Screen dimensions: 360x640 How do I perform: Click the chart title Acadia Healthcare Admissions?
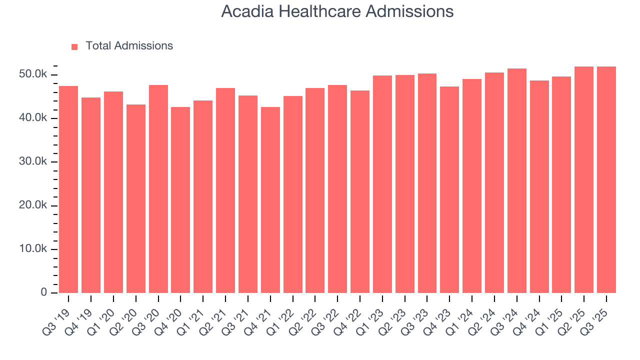(x=337, y=11)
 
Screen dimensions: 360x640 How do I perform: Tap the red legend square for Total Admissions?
(x=74, y=46)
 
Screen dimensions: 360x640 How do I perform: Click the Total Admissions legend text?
(x=129, y=46)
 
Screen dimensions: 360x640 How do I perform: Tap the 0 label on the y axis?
(x=44, y=292)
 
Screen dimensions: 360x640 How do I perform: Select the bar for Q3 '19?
(x=68, y=190)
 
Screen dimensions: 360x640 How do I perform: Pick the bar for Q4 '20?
(x=180, y=200)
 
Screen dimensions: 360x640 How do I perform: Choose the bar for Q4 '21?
(x=270, y=200)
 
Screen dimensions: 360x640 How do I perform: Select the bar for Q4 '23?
(x=449, y=190)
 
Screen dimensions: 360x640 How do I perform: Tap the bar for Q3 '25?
(x=606, y=180)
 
